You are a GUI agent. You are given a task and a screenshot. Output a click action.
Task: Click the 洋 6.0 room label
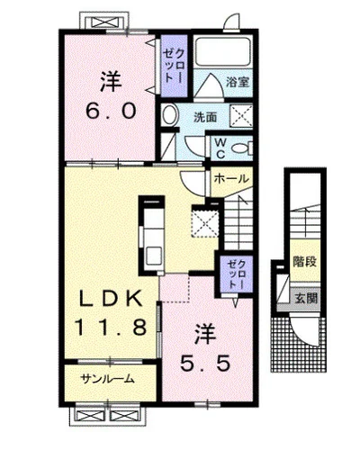[111, 95]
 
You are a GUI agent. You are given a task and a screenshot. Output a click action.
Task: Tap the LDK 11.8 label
[111, 312]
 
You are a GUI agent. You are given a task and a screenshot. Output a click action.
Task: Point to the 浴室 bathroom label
[238, 82]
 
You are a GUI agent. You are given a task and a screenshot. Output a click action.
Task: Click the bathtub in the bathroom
[223, 50]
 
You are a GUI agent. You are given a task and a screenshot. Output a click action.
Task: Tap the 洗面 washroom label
[205, 117]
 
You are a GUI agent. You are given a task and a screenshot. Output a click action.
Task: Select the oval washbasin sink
[170, 115]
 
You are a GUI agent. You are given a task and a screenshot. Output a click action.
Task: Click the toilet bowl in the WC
[242, 148]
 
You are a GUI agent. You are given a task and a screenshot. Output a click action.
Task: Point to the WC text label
[220, 148]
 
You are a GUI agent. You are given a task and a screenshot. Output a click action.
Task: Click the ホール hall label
[231, 179]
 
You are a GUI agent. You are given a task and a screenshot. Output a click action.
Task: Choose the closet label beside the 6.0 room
[174, 66]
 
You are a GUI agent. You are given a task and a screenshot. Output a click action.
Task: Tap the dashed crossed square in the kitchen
[205, 223]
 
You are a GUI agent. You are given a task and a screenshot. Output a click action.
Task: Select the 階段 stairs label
[305, 262]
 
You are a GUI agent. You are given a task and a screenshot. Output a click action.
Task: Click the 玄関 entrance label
[305, 298]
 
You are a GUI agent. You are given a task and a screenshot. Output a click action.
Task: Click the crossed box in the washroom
[241, 115]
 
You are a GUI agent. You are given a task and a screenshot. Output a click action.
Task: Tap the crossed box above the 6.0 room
[104, 22]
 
